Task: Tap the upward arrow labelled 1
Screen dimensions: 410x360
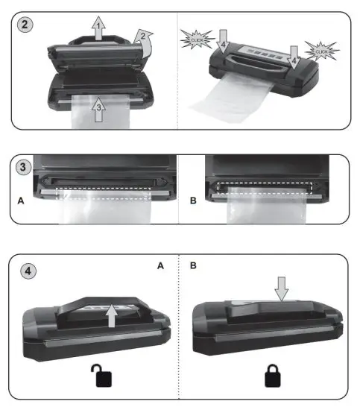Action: tap(97, 31)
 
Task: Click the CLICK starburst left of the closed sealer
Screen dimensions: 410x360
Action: tap(195, 37)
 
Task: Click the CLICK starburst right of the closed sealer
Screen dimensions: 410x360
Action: tap(322, 53)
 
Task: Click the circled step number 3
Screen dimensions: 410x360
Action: tap(24, 167)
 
